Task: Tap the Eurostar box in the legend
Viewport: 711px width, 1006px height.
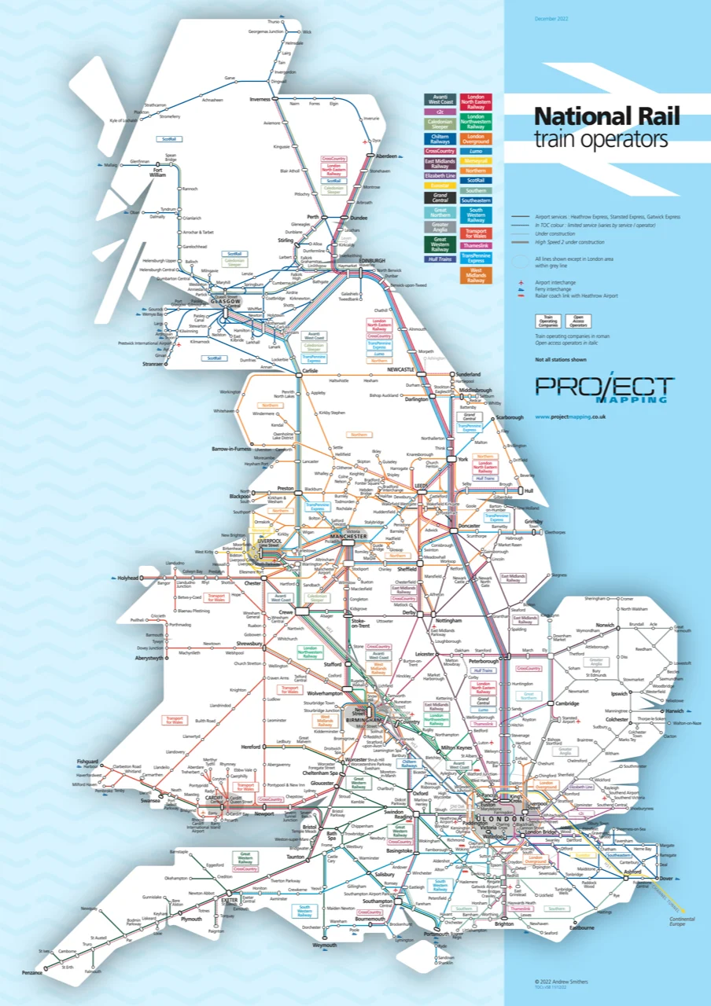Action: click(x=440, y=185)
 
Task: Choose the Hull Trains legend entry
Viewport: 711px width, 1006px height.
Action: click(x=440, y=259)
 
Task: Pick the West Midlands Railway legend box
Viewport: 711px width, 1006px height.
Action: click(x=476, y=276)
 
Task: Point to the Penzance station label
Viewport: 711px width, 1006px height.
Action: click(x=31, y=973)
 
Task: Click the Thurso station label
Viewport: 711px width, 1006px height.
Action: click(x=274, y=21)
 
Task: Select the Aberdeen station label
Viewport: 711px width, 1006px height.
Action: click(x=388, y=156)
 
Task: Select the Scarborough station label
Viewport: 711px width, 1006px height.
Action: click(x=509, y=417)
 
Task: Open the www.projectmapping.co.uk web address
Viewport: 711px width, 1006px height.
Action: click(x=569, y=417)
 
